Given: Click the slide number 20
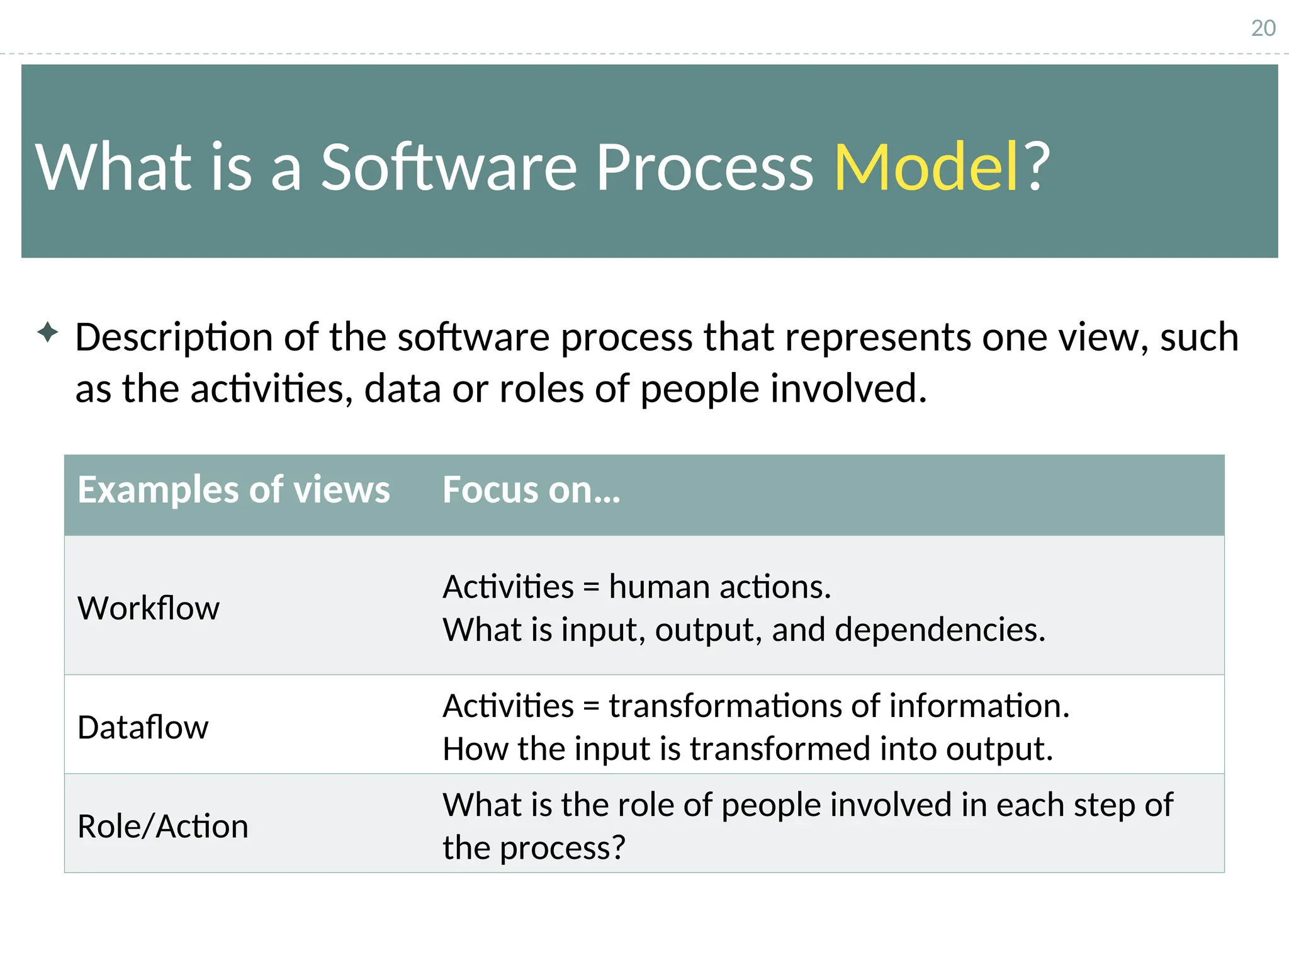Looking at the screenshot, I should coord(1263,28).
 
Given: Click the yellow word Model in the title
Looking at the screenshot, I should coord(926,167).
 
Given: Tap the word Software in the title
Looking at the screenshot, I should coord(448,167).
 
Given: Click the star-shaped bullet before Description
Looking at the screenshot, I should coord(48,332).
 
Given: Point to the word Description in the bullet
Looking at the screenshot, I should coord(174,338).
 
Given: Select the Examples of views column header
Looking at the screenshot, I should coord(234,490).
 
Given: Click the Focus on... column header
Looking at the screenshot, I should coord(531,490).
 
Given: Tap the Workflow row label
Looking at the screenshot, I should coord(149,608).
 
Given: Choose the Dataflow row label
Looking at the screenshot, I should coord(143,727).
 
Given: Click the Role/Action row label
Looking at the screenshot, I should coord(162,826).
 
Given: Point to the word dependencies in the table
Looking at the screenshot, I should coord(940,630).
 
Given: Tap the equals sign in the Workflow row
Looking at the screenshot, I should coord(590,588).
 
